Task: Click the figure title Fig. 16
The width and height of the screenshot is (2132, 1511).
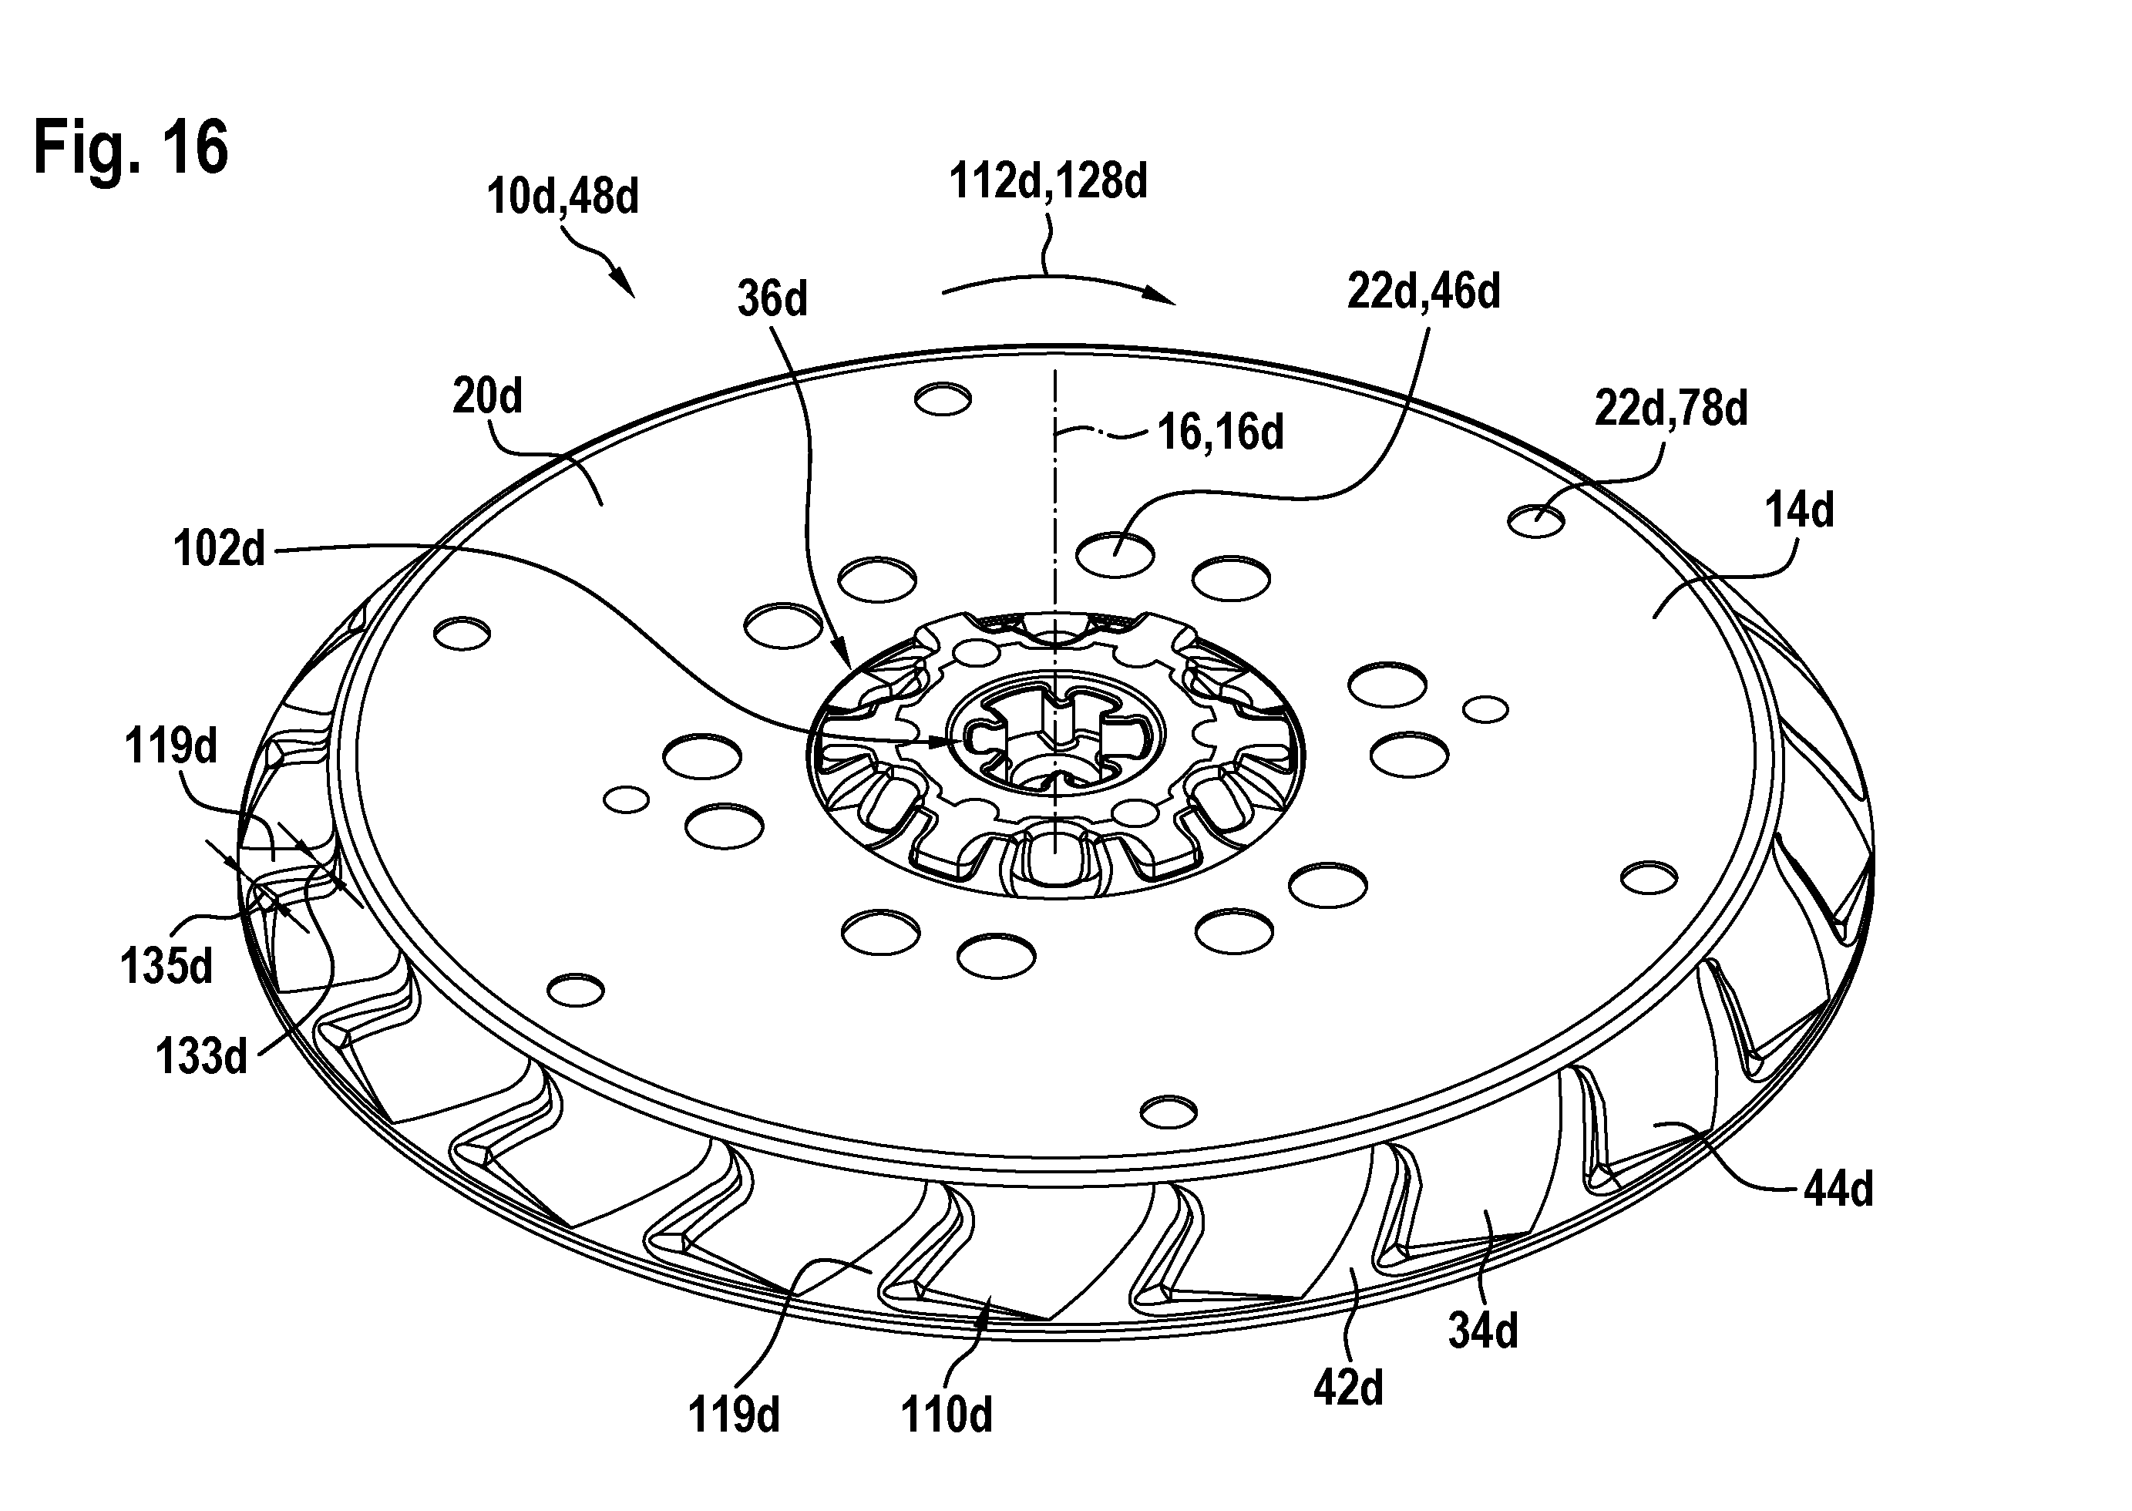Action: [131, 147]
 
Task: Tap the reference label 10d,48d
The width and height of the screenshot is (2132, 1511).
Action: [563, 197]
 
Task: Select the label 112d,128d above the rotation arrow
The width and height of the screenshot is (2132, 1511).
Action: [1048, 181]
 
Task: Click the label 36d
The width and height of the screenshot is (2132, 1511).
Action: [773, 300]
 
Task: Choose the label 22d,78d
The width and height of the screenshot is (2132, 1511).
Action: [1672, 409]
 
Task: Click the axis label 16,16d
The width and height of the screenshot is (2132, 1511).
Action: [1220, 432]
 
